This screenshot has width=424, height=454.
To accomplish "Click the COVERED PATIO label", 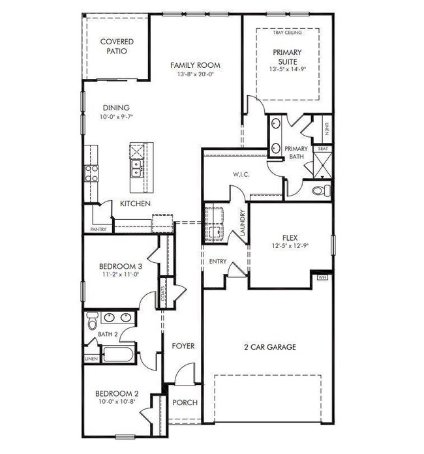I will coord(117,46).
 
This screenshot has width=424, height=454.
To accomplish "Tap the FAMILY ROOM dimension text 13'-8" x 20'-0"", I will coord(195,75).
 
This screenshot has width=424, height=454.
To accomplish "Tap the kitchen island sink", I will coord(136,171).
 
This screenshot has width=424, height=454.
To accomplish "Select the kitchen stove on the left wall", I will coord(91,173).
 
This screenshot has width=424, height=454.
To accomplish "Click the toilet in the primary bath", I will coord(320,190).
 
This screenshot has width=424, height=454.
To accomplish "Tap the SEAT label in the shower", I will coord(322,149).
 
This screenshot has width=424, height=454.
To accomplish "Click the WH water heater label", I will coord(322,277).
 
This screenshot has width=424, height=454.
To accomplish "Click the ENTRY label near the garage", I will coord(218,261).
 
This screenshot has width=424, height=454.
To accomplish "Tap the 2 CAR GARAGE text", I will coord(266,347).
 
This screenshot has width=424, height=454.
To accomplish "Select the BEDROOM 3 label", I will coord(120,266).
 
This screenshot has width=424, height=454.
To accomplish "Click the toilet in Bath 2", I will coord(92,322).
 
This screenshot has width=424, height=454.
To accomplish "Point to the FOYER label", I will coord(183,346).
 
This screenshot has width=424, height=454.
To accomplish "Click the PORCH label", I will coord(185,402).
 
